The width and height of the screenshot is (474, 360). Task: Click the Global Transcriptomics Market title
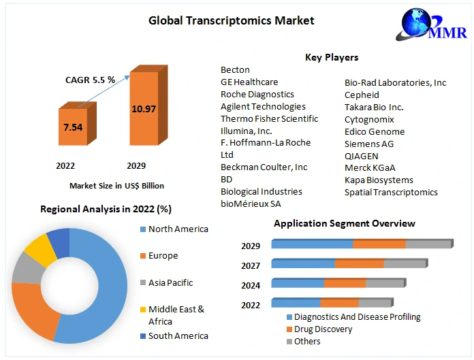231,20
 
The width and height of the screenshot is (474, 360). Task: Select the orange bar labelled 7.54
73,127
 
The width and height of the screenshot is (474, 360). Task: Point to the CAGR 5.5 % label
90,80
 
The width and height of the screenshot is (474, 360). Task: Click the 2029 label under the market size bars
137,165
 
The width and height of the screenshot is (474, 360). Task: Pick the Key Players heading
332,57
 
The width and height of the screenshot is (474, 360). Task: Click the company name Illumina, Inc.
247,131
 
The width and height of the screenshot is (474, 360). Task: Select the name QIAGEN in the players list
362,156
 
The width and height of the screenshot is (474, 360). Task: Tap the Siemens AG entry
369,144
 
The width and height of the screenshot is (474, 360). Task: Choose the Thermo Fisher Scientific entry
269,118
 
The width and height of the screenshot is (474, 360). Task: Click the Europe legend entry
163,256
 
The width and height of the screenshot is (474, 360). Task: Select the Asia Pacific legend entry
170,282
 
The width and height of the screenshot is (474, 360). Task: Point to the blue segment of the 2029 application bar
313,244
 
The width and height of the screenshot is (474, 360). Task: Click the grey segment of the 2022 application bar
375,303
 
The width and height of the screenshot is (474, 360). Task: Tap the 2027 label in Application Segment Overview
251,266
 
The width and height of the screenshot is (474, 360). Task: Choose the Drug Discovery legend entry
323,329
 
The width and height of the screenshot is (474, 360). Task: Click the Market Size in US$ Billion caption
116,185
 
